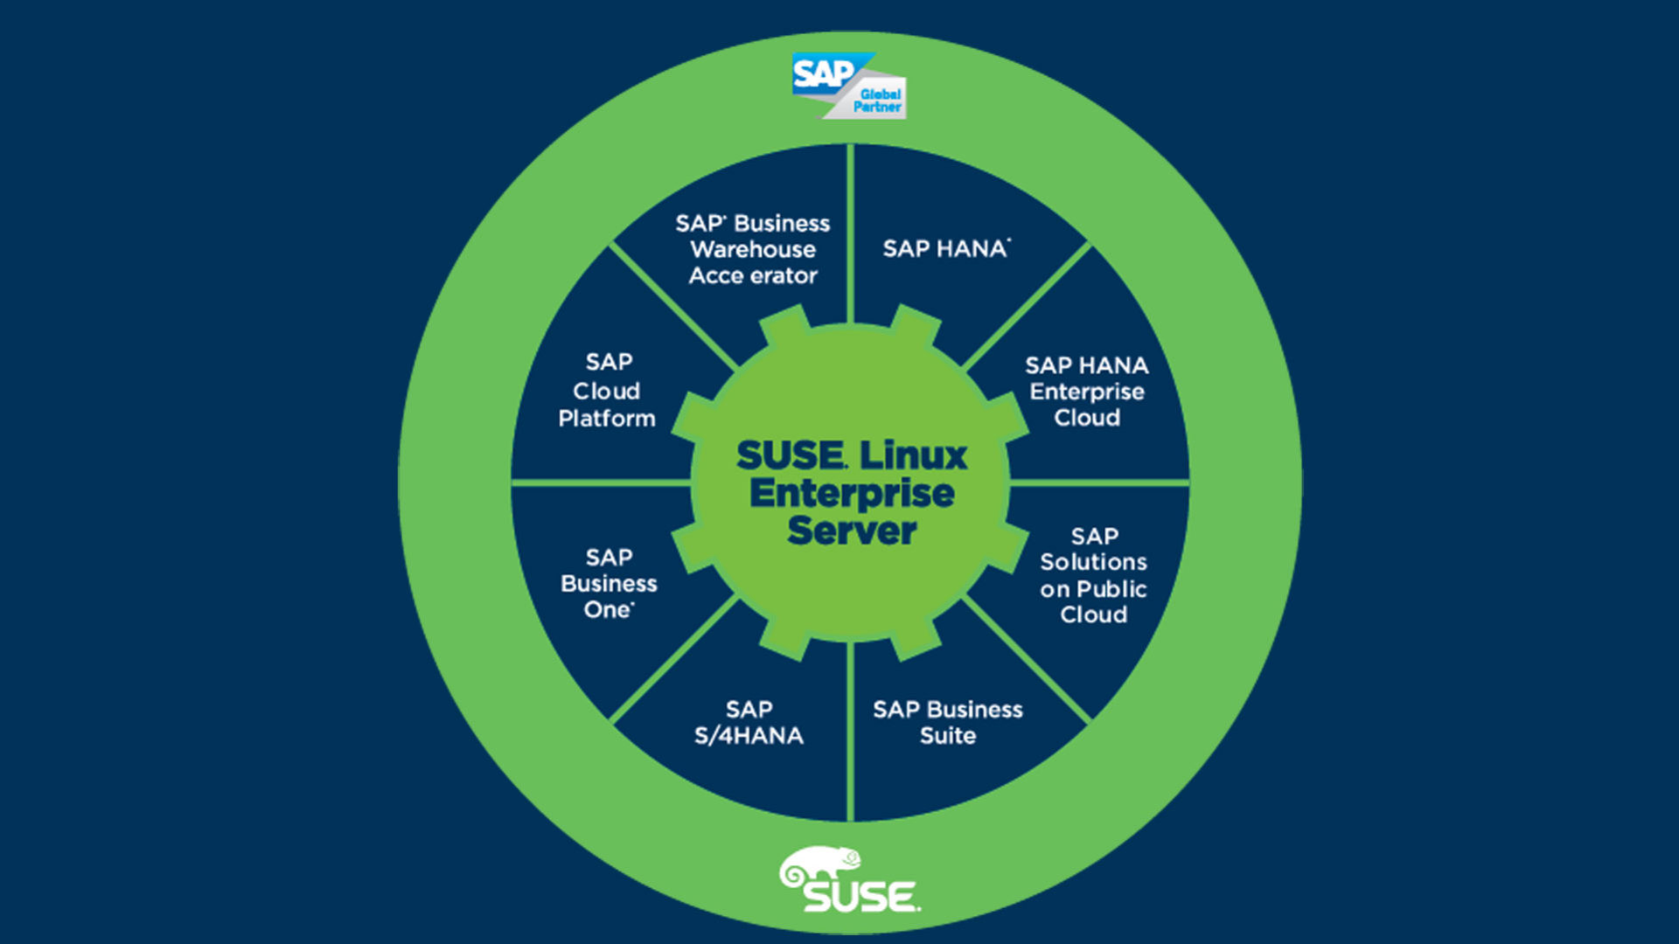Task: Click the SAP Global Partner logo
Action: [848, 86]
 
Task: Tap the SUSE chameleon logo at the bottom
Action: [848, 880]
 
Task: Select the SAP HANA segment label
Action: [945, 249]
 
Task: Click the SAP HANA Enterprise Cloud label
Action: [1086, 391]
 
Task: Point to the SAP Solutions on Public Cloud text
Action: [1093, 575]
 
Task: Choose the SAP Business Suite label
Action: [947, 722]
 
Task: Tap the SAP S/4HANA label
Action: [749, 722]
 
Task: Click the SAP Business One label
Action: [609, 583]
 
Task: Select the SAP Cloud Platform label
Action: [607, 390]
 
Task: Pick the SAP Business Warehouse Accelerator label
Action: [753, 249]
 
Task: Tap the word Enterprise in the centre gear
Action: [852, 493]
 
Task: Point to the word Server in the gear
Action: [852, 531]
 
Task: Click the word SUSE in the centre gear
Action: [791, 455]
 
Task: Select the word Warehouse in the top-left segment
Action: [753, 249]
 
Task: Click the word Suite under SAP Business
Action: [947, 736]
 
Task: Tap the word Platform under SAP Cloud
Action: [607, 419]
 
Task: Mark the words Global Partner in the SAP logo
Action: [879, 101]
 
